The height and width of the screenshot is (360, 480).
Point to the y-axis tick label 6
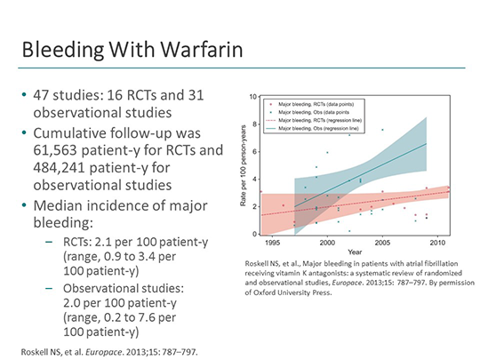pyautogui.click(x=255, y=151)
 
